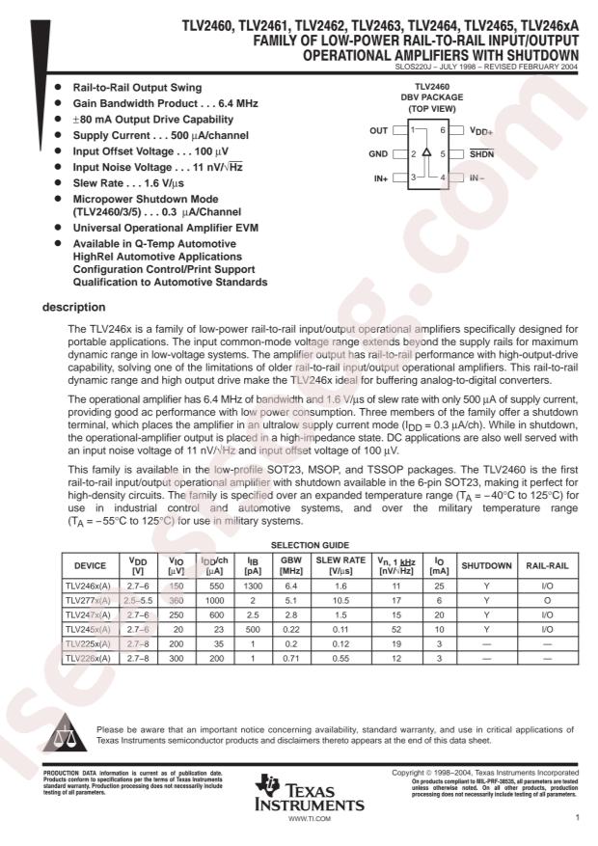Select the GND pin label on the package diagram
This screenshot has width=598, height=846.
[x=378, y=153]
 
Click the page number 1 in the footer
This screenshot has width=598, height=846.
[x=575, y=817]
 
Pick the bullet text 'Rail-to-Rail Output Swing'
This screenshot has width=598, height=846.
[x=139, y=87]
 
